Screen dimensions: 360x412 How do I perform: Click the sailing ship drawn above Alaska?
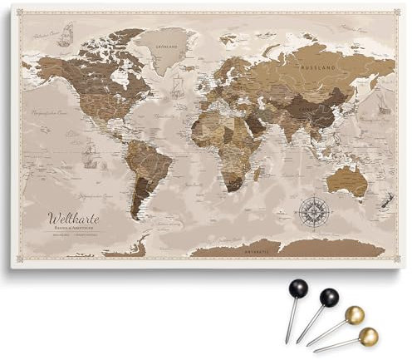click(66, 35)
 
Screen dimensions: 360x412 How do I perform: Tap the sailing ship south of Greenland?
click(177, 85)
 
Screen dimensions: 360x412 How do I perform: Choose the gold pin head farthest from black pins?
click(368, 336)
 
